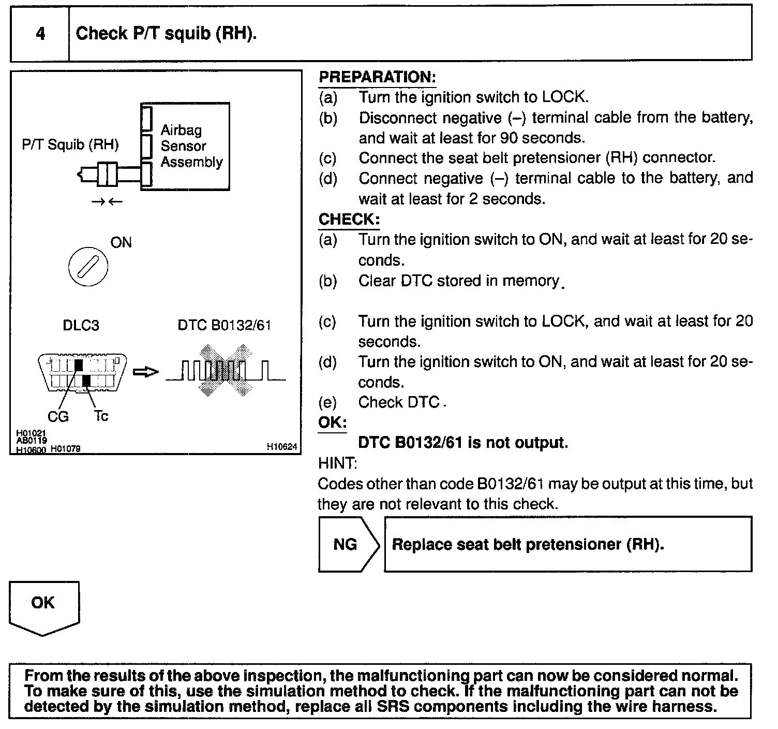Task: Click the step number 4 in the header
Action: tap(40, 34)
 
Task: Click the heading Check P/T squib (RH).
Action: tap(166, 34)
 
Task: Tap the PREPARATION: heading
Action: tap(377, 78)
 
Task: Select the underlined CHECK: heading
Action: tap(349, 219)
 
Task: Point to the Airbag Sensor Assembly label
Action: tap(191, 146)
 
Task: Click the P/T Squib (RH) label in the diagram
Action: tap(70, 144)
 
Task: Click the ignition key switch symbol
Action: tap(88, 267)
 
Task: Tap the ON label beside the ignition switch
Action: tap(121, 242)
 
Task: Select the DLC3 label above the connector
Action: tap(81, 325)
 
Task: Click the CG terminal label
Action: tap(58, 417)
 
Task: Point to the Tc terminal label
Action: tap(101, 416)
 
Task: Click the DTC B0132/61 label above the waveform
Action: tap(224, 325)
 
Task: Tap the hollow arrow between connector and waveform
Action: tap(145, 372)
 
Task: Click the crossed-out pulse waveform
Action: tap(226, 371)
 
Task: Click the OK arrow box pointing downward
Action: tap(44, 606)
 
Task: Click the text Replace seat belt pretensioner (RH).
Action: tap(528, 544)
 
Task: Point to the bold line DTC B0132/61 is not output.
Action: tap(463, 443)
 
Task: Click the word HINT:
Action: tap(337, 463)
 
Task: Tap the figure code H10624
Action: tap(282, 447)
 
